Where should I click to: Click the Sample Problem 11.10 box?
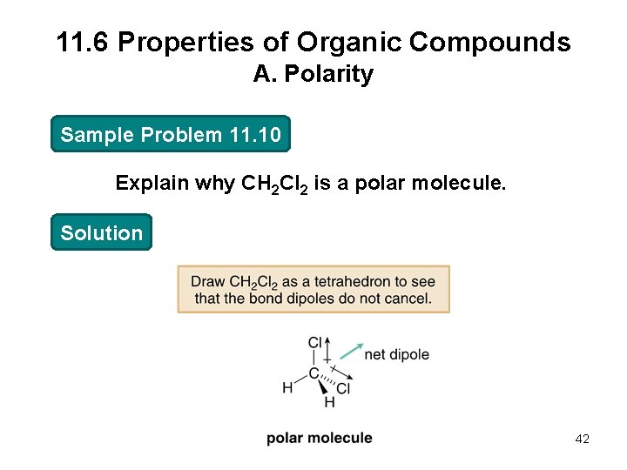171,135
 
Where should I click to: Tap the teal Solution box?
101,233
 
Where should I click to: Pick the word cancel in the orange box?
408,299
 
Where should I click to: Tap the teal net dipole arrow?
350,351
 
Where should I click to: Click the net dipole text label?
396,354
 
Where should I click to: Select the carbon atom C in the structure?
313,374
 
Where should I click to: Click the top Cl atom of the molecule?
316,342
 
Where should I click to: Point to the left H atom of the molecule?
287,387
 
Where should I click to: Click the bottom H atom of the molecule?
329,402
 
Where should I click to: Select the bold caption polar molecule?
320,438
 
